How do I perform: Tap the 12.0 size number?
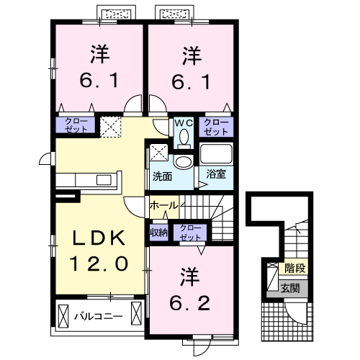point(99,263)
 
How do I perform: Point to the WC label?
point(182,122)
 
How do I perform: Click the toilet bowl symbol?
point(184,135)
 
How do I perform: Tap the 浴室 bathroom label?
point(215,174)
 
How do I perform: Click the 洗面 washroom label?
point(161,175)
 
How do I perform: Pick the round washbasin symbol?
point(183,161)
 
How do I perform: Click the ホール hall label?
point(163,206)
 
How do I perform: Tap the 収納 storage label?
point(158,232)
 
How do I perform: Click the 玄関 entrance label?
point(294,289)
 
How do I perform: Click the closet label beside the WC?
point(215,127)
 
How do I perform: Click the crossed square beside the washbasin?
point(159,153)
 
